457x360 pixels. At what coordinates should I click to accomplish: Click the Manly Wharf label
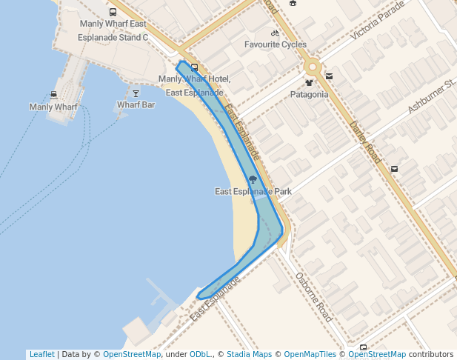pyautogui.click(x=53, y=107)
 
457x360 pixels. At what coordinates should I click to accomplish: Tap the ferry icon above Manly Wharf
pyautogui.click(x=54, y=95)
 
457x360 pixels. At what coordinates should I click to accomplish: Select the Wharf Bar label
pyautogui.click(x=136, y=105)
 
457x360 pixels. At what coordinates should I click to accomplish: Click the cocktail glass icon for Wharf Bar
pyautogui.click(x=136, y=93)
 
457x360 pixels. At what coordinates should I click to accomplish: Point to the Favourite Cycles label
pyautogui.click(x=276, y=44)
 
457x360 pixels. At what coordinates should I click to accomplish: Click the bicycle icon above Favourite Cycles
pyautogui.click(x=276, y=33)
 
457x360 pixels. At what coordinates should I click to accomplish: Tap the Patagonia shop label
pyautogui.click(x=309, y=94)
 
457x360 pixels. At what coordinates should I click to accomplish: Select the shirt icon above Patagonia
pyautogui.click(x=309, y=83)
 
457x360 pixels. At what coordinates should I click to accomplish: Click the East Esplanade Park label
pyautogui.click(x=253, y=191)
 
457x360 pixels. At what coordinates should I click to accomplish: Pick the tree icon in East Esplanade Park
pyautogui.click(x=253, y=179)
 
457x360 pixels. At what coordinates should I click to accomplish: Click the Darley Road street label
pyautogui.click(x=365, y=142)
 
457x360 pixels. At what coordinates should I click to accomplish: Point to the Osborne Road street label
pyautogui.click(x=312, y=296)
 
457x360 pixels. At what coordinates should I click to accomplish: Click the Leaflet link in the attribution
pyautogui.click(x=41, y=354)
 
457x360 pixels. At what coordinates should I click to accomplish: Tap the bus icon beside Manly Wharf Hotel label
pyautogui.click(x=194, y=67)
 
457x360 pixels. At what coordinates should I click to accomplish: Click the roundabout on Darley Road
pyautogui.click(x=313, y=66)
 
